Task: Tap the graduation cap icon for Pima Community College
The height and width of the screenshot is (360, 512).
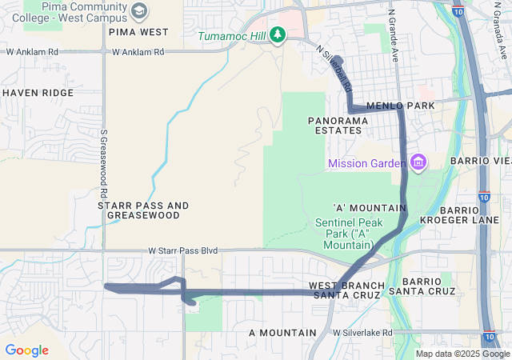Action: [140, 11]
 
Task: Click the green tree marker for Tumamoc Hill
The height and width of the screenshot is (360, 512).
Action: [278, 34]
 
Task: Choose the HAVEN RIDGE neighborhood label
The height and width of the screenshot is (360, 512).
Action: [38, 93]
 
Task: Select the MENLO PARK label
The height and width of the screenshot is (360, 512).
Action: [400, 106]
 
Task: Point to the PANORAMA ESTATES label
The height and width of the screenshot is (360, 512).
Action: [338, 125]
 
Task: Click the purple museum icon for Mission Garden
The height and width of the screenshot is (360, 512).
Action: [418, 163]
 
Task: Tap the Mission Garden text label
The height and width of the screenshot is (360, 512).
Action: [366, 164]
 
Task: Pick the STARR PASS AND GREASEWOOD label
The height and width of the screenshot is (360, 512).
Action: [143, 210]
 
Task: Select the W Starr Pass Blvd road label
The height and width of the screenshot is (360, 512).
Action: [183, 250]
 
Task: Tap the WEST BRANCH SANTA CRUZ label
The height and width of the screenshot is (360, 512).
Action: [346, 290]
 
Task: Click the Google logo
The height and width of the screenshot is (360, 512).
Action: [26, 350]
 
